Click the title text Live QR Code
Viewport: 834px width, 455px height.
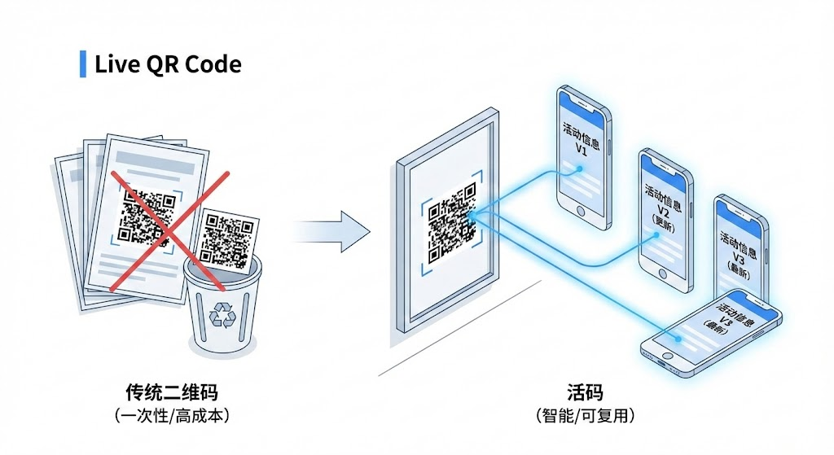tap(168, 64)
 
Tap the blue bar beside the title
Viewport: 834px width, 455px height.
tap(82, 63)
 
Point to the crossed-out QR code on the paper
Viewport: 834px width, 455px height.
tap(148, 210)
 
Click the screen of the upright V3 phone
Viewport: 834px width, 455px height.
tap(740, 248)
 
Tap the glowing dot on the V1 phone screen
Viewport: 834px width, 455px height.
tap(580, 169)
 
